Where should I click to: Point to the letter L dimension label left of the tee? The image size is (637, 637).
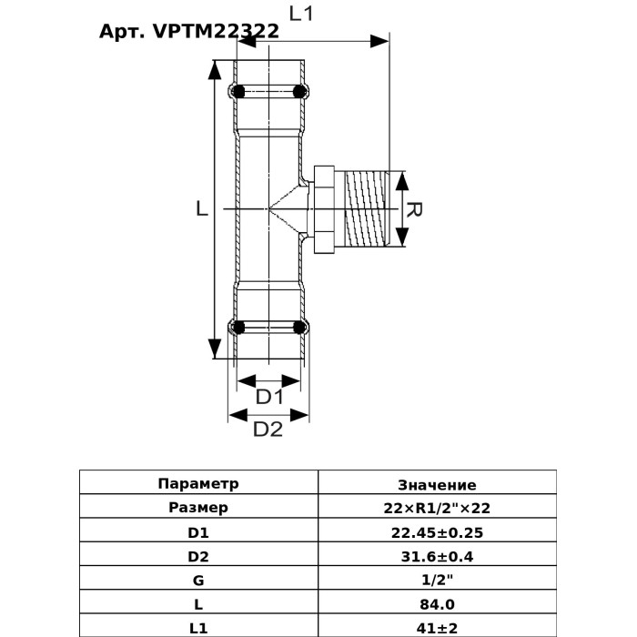202,208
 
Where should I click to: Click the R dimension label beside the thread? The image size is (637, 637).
413,210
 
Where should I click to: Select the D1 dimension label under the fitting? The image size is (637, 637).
269,397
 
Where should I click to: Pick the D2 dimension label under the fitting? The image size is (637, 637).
267,430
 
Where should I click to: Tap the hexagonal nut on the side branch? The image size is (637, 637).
325,209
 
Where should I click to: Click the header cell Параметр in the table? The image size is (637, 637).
197,484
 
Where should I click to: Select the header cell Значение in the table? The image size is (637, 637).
437,485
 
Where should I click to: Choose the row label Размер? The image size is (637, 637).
197,508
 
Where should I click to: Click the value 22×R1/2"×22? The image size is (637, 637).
437,508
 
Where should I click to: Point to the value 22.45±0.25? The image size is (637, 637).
437,532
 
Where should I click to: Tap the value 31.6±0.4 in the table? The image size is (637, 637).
437,556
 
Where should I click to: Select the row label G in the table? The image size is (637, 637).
197,580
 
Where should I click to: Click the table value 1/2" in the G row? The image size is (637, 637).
437,580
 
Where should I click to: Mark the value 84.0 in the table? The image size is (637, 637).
437,603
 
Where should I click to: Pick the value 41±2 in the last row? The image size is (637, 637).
437,627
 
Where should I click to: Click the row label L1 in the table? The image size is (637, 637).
197,627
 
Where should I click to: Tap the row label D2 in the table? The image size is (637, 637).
197,556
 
